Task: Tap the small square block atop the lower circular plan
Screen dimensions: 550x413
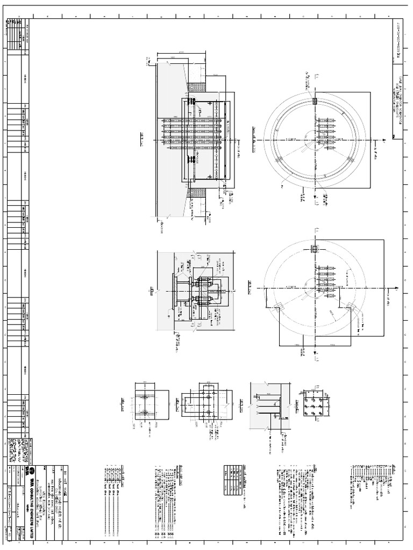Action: coord(314,249)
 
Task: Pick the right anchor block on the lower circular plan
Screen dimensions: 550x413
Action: coord(350,307)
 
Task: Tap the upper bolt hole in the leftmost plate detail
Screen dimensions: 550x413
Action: coord(146,398)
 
